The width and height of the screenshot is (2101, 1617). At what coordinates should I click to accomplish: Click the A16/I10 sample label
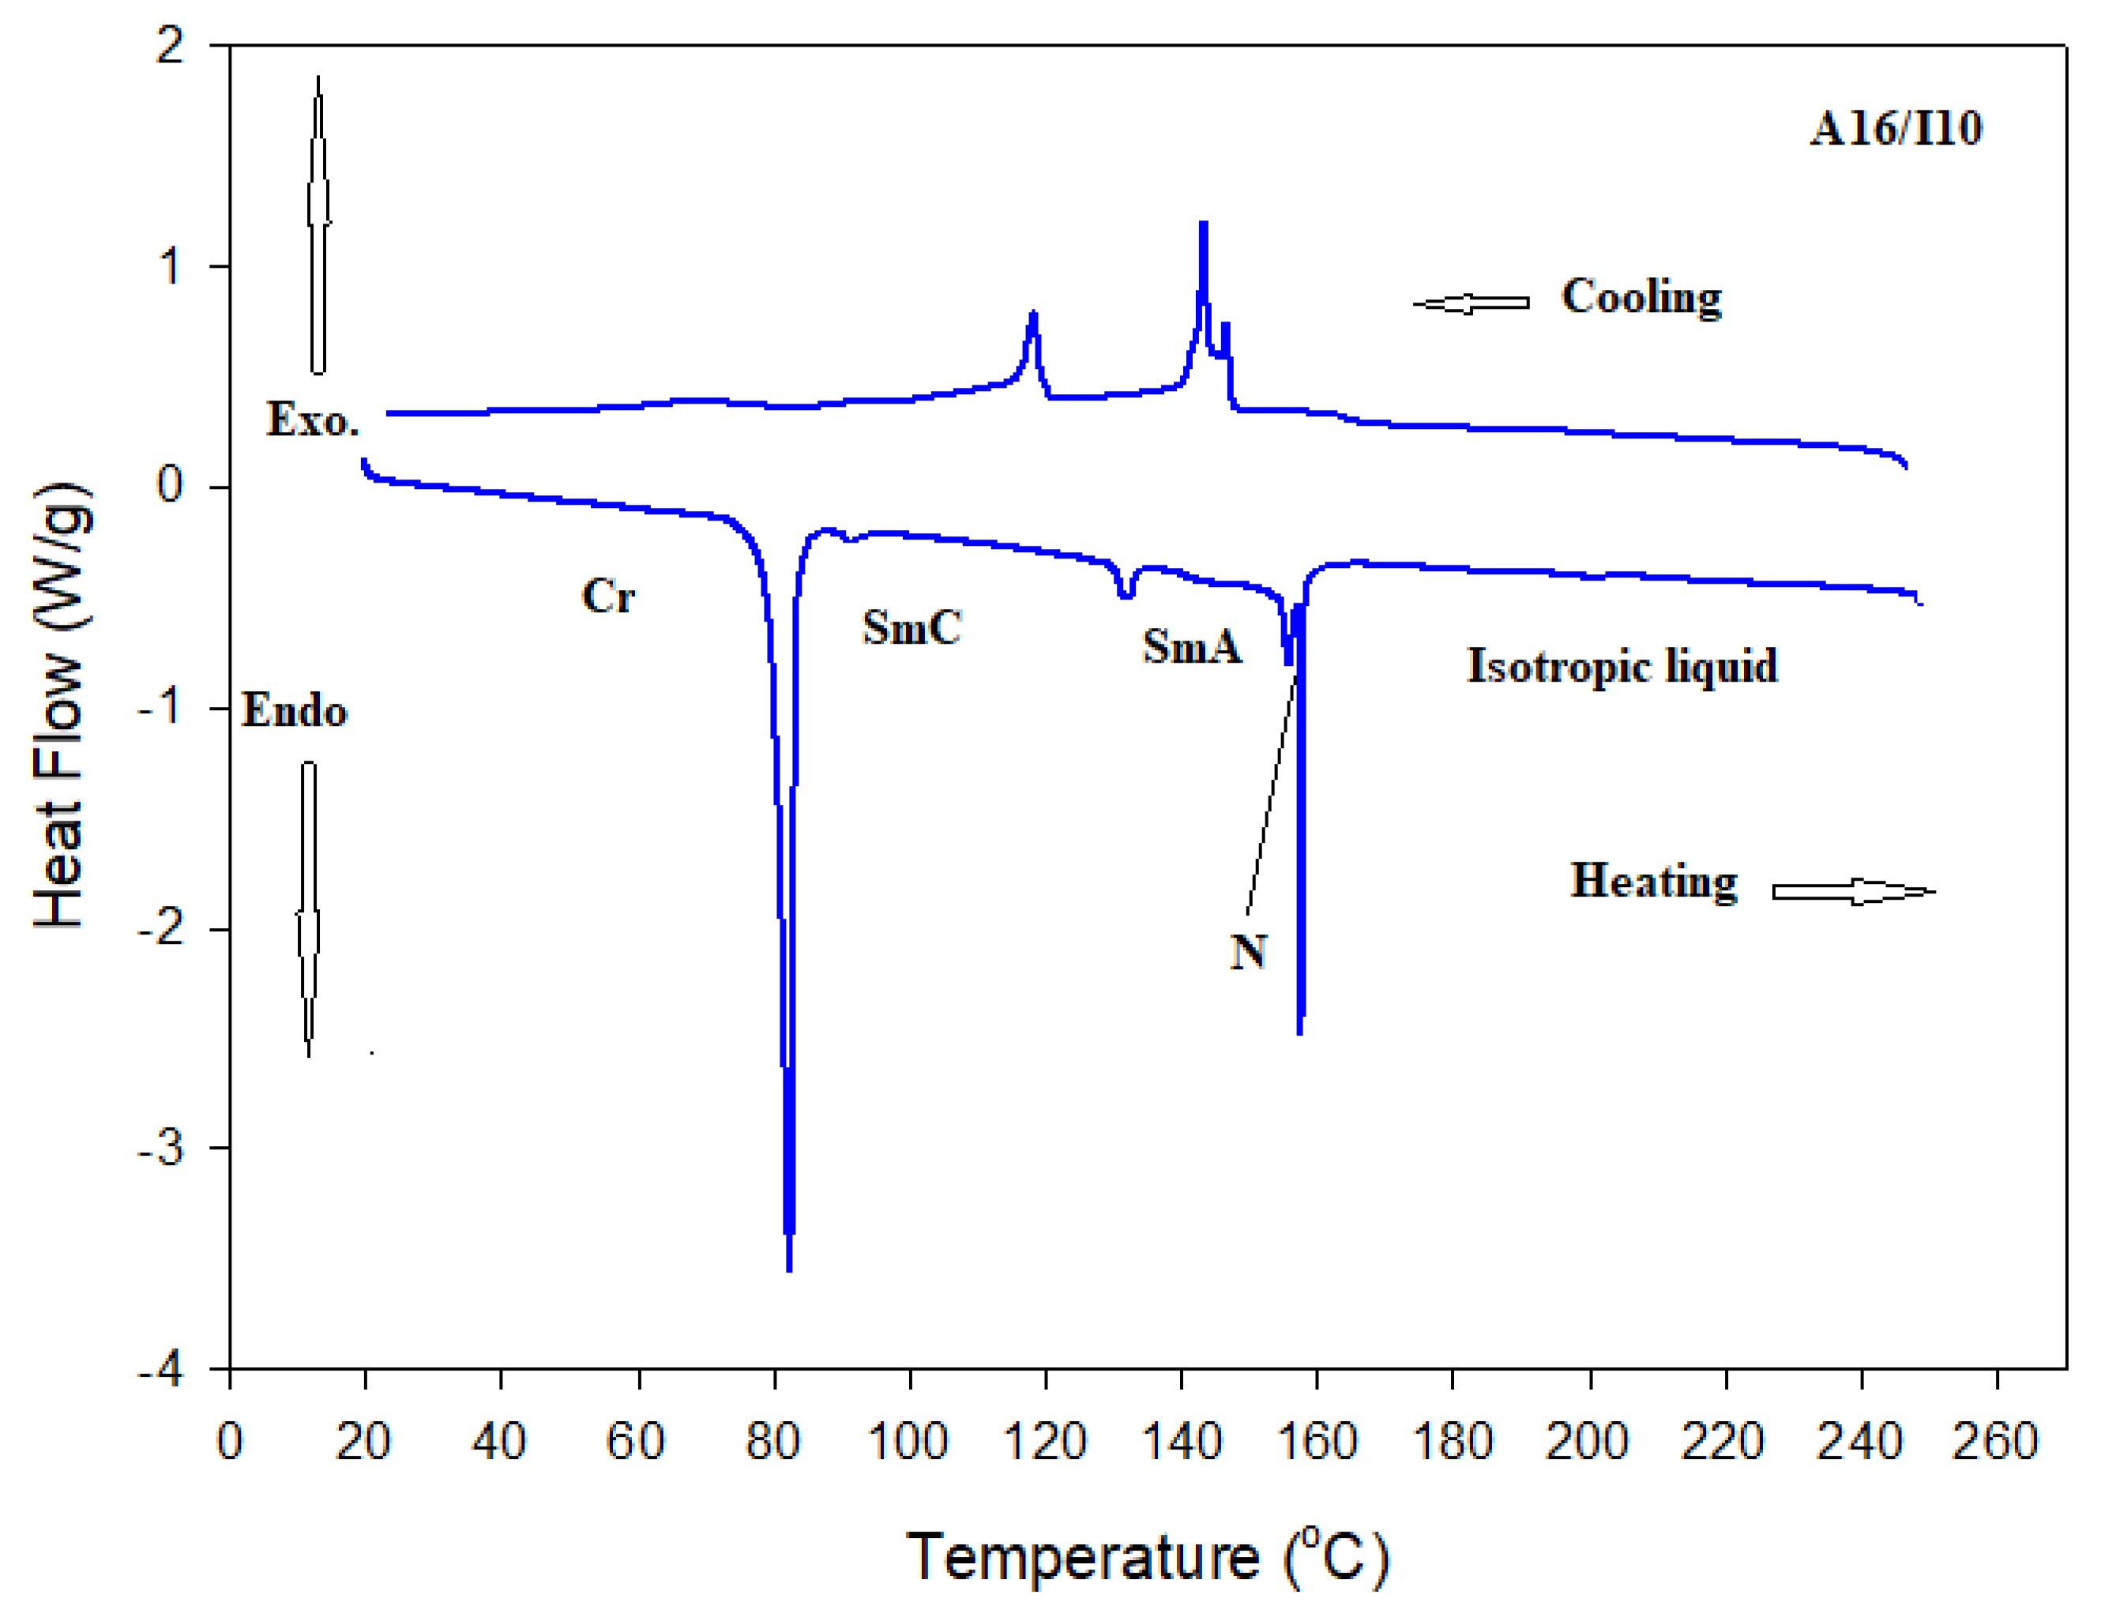click(1894, 129)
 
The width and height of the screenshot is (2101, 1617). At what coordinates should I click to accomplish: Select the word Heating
click(1652, 880)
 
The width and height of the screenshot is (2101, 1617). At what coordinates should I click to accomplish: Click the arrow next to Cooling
click(1471, 303)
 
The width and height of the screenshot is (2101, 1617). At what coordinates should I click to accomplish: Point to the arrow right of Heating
click(1853, 892)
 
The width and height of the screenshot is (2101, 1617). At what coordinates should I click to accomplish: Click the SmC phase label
click(911, 627)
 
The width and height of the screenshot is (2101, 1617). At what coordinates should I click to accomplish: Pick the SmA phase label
click(1191, 645)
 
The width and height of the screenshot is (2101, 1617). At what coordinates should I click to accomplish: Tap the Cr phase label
click(608, 596)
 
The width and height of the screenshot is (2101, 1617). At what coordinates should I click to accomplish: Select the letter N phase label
click(1248, 951)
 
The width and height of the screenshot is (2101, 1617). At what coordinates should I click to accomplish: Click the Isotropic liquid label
click(1621, 666)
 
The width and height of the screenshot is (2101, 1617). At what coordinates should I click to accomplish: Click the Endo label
click(293, 711)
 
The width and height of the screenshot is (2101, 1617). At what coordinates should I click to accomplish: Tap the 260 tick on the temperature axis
click(1995, 1441)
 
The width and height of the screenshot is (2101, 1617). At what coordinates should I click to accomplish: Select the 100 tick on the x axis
click(908, 1441)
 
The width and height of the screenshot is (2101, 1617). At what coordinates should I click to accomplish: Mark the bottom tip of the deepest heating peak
click(789, 1269)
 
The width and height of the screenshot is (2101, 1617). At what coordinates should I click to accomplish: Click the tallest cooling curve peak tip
click(1202, 224)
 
